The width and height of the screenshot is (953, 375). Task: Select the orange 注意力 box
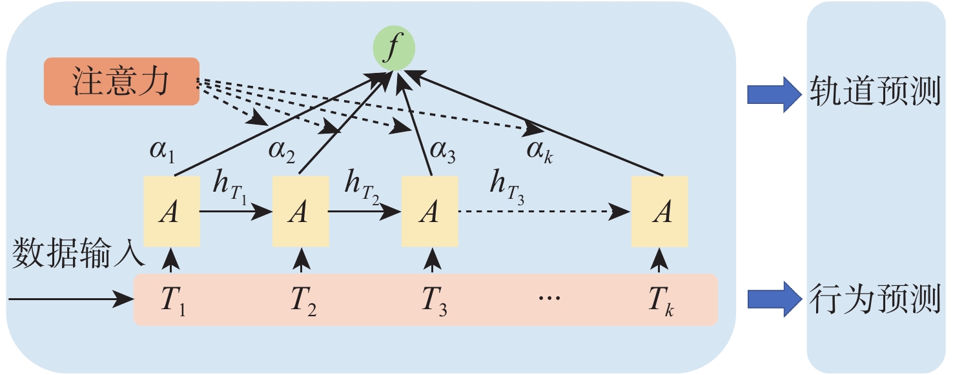[x=121, y=81]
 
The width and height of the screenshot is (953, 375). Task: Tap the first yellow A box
[x=170, y=211]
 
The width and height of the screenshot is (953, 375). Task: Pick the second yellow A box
[x=299, y=211]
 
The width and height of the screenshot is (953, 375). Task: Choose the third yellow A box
[x=429, y=211]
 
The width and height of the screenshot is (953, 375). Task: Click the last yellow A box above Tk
[x=659, y=211]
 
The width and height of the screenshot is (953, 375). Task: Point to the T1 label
[x=174, y=301]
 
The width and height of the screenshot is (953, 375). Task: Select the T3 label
[x=433, y=301]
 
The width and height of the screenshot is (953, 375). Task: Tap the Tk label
[x=661, y=301]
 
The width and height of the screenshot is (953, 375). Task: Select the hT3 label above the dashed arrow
[x=506, y=187]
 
